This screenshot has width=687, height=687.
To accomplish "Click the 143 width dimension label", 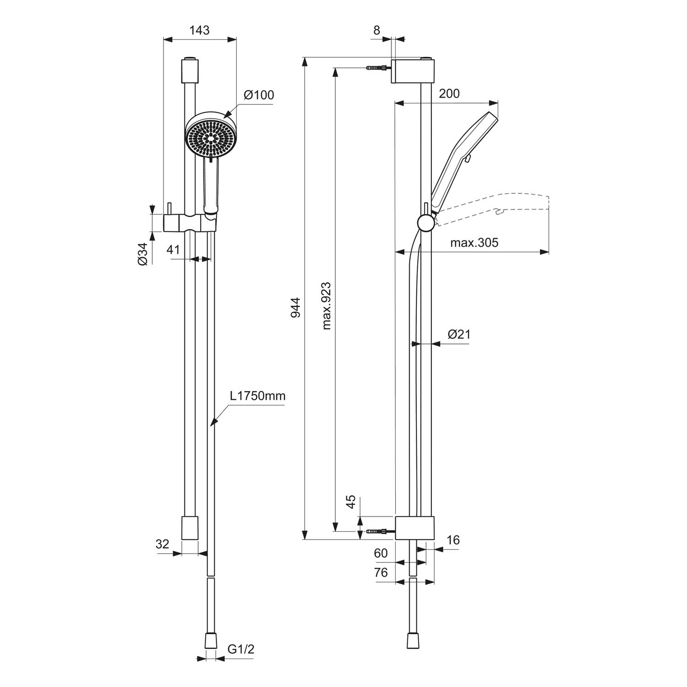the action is [x=199, y=30].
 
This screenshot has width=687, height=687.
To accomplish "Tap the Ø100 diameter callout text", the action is [x=259, y=95].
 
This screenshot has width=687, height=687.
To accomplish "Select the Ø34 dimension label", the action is [x=142, y=254].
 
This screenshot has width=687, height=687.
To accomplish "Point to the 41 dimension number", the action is [x=173, y=250].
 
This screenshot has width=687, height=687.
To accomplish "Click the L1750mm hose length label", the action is [x=257, y=396].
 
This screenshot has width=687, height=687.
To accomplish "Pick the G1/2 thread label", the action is [x=240, y=649].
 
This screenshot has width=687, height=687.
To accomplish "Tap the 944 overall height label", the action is [x=295, y=307].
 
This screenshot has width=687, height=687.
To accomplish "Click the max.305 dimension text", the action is [x=474, y=242].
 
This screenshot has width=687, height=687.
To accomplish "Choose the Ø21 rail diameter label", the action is [x=459, y=334].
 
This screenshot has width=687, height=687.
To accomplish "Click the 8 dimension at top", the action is [x=376, y=30].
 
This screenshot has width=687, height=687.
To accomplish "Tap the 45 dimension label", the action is [x=351, y=502].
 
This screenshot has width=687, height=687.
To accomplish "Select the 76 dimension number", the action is [x=381, y=572].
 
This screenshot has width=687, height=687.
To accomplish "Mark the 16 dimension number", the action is [x=453, y=540].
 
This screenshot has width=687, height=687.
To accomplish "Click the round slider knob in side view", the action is [x=426, y=223].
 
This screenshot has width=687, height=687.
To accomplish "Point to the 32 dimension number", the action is [x=163, y=544].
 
